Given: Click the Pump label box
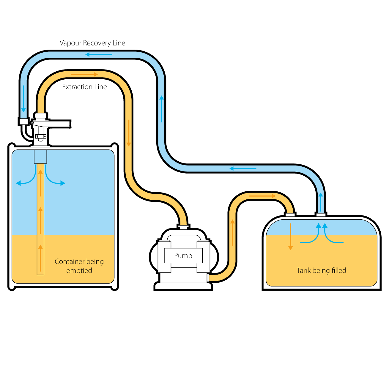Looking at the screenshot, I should coord(183,256).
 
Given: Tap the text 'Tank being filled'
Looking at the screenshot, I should coord(321,270).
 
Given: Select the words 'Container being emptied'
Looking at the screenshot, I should coord(79,266).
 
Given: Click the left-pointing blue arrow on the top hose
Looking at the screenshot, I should coord(99,54).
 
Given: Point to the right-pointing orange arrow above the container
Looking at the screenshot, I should coord(84,74).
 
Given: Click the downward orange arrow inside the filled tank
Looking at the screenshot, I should coord(290,237).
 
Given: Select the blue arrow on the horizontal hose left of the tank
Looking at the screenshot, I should coord(243,168).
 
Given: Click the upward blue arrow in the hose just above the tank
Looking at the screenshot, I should coord(321,202).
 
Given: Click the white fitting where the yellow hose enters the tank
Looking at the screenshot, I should coord(290,215).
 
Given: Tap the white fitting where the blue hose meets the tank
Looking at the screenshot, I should coord(321,215).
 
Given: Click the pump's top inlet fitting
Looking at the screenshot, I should coord(183,228).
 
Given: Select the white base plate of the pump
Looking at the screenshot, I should coord(183,286).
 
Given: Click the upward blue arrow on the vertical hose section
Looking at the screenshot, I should coord(162,109).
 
